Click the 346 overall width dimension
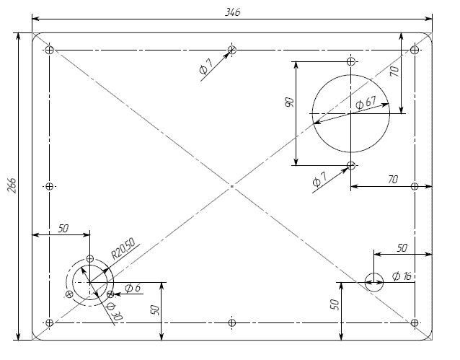232,12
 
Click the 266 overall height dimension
12,185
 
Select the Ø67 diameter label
366,102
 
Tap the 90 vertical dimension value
289,102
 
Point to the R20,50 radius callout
123,248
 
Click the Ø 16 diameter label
402,276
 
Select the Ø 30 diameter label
115,311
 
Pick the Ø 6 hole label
133,288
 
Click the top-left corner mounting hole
50,50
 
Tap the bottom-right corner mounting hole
415,322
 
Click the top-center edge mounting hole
231,50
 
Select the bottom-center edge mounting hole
231,322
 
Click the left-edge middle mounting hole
50,186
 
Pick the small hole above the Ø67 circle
351,61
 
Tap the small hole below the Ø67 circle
351,165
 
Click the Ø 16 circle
374,273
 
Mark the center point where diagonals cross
231,186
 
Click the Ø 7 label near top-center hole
206,66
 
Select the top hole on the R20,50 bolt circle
90,259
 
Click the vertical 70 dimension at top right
395,71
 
